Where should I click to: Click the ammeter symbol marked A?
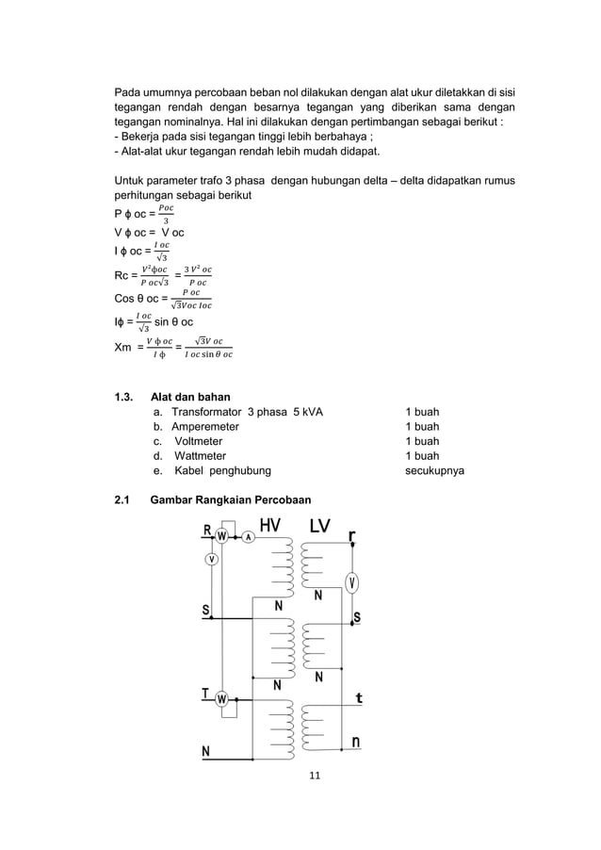pyautogui.click(x=248, y=537)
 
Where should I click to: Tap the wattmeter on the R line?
pyautogui.click(x=222, y=537)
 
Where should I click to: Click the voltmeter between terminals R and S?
pyautogui.click(x=213, y=560)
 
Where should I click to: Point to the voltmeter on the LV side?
pyautogui.click(x=351, y=581)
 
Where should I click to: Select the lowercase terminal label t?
pyautogui.click(x=358, y=698)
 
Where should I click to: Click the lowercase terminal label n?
pyautogui.click(x=357, y=743)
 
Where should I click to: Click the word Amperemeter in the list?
pyautogui.click(x=204, y=426)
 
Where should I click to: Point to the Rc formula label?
pyautogui.click(x=121, y=276)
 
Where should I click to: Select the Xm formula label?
pyautogui.click(x=122, y=347)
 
